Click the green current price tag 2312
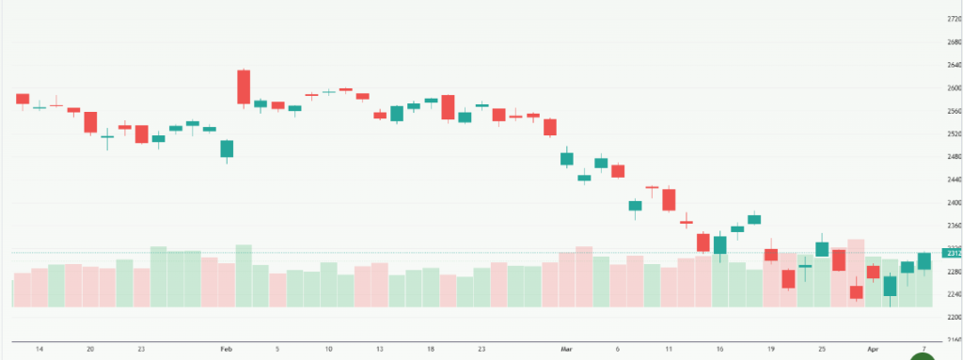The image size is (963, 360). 952,253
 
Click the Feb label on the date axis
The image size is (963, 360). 226,349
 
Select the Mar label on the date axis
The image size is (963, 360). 566,349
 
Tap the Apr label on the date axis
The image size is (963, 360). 873,349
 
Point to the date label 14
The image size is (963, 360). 39,349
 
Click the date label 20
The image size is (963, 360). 90,349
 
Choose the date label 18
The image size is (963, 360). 430,349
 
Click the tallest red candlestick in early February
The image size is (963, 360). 244,86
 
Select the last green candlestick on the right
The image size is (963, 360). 924,261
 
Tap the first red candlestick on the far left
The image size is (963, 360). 23,99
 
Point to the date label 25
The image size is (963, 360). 821,349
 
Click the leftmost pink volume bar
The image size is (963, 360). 23,290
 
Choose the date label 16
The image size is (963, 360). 719,349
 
